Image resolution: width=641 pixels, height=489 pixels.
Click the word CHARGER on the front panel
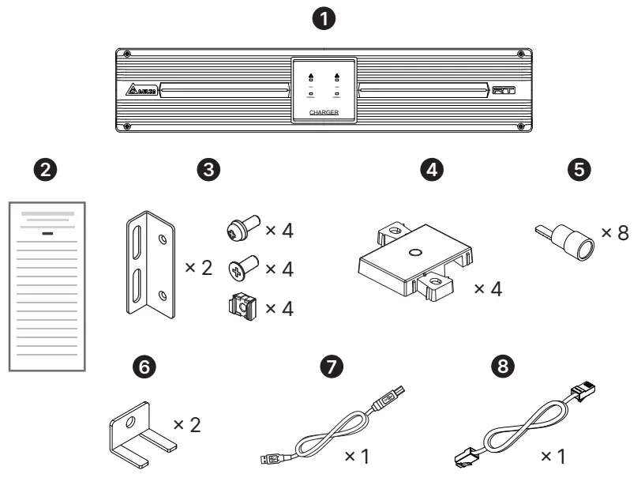(x=323, y=114)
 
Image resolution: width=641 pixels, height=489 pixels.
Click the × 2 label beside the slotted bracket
(x=198, y=268)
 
